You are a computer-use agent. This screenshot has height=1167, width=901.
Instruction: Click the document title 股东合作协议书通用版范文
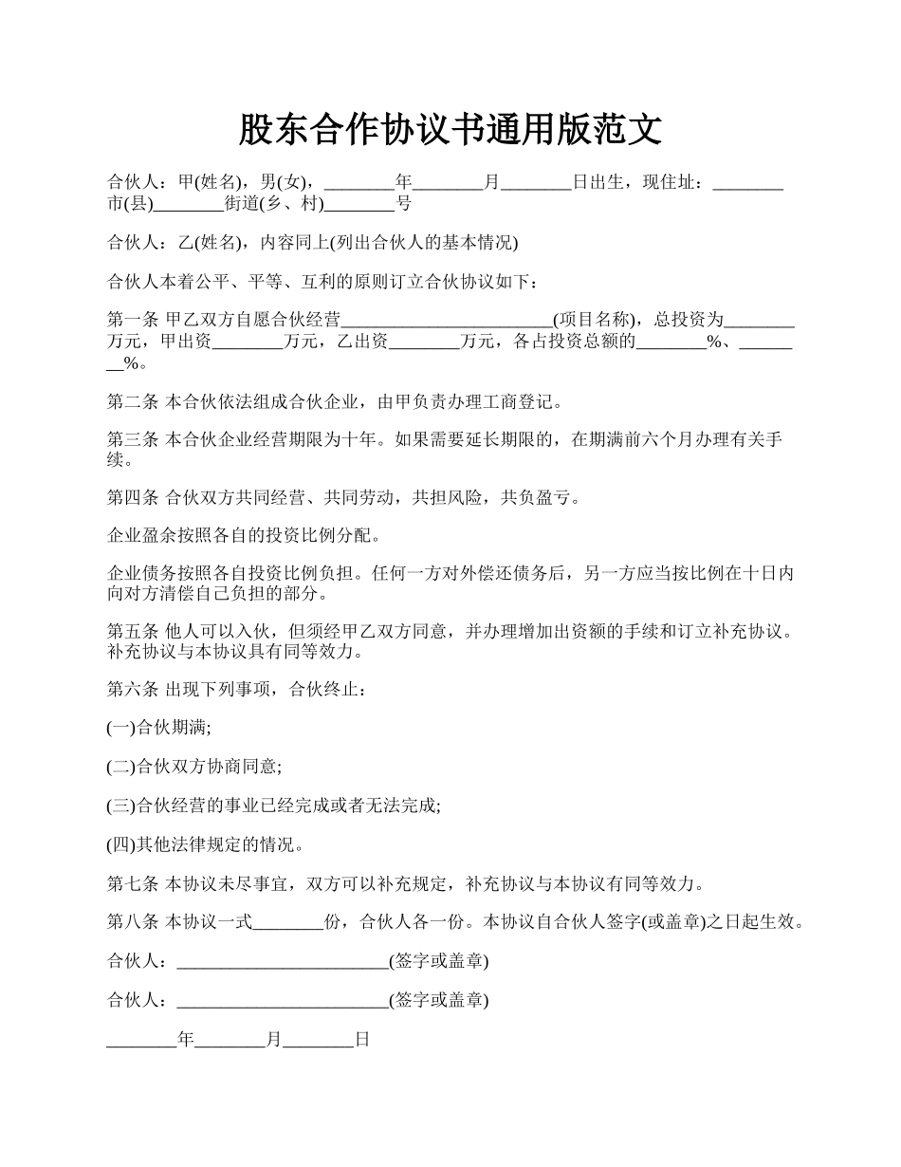[450, 130]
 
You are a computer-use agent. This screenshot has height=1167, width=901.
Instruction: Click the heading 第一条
[133, 320]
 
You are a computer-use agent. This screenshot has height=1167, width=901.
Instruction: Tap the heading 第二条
[133, 402]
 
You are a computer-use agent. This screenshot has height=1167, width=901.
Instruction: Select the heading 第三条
[133, 440]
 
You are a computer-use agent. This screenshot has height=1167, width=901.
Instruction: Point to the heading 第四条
[133, 497]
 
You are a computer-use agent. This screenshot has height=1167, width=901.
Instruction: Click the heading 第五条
[133, 631]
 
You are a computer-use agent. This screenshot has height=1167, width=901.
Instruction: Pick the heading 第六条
[133, 689]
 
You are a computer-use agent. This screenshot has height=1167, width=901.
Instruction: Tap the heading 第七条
[133, 884]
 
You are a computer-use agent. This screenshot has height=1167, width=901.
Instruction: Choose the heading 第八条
[133, 922]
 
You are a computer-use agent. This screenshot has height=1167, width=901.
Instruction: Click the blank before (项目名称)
[447, 321]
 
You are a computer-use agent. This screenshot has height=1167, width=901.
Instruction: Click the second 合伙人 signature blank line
[283, 1001]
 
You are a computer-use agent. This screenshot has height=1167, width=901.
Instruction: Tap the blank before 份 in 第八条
[289, 923]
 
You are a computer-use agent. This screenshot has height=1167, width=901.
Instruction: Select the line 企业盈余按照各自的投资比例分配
[245, 536]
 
